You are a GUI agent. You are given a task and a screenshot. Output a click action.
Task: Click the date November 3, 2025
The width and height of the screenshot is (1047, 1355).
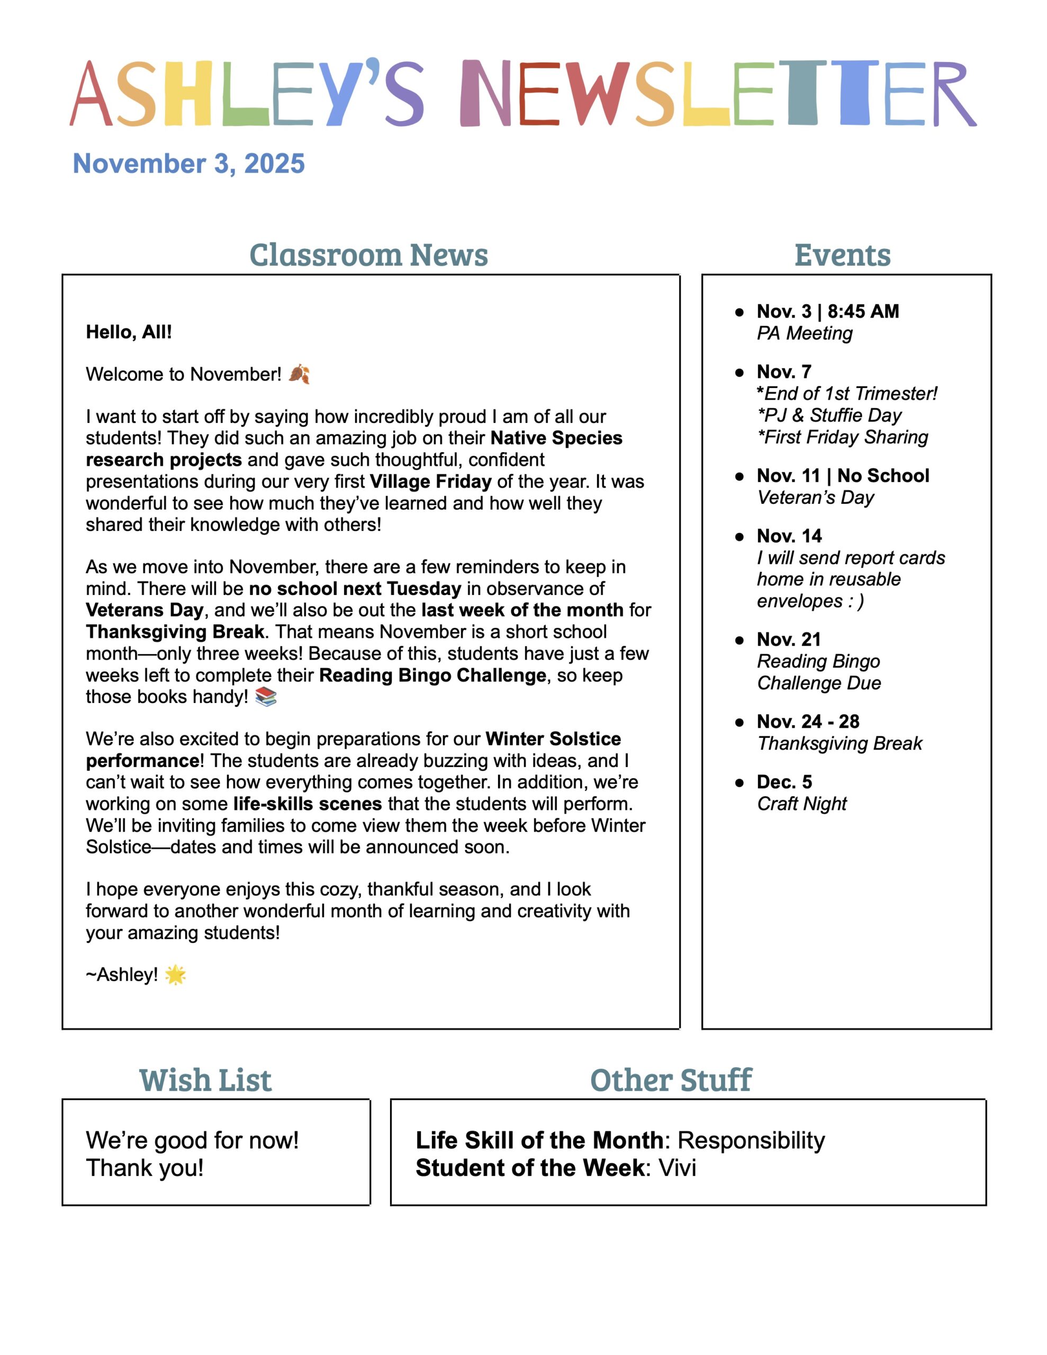click(x=188, y=164)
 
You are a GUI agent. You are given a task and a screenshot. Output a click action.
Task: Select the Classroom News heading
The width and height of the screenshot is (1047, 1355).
click(x=368, y=255)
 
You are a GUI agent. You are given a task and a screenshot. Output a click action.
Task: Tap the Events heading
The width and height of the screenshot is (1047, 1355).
click(x=842, y=255)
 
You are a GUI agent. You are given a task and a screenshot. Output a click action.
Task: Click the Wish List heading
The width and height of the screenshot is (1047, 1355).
click(x=205, y=1080)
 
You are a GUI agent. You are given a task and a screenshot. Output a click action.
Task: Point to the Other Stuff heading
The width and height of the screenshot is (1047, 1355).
click(x=671, y=1080)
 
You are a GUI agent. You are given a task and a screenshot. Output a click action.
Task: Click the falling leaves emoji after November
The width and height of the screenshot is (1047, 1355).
click(x=299, y=374)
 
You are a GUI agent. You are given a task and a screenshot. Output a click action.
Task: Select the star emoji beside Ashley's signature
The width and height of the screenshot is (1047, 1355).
click(x=176, y=974)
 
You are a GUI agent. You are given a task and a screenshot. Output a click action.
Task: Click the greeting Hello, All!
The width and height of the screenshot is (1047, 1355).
click(x=129, y=332)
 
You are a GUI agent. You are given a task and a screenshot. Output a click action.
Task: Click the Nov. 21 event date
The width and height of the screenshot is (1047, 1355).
click(x=788, y=639)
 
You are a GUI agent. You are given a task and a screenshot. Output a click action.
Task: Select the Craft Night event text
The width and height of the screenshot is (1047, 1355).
click(x=802, y=803)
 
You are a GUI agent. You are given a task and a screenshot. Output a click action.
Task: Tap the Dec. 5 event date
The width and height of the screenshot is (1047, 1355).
click(x=784, y=782)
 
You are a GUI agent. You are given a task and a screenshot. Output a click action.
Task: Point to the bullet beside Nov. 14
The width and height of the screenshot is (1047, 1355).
click(x=739, y=537)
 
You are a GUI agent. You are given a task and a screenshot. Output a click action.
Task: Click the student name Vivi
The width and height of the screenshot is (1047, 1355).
click(x=677, y=1168)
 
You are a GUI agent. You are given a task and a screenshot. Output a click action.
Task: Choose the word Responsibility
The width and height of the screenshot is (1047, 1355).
click(x=751, y=1140)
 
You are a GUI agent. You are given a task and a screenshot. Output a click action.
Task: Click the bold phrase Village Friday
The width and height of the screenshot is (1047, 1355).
click(x=431, y=482)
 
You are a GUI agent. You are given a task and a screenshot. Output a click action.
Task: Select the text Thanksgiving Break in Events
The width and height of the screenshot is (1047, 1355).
click(x=840, y=743)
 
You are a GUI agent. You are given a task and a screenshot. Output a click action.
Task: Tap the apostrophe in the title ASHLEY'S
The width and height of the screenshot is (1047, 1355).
click(x=371, y=68)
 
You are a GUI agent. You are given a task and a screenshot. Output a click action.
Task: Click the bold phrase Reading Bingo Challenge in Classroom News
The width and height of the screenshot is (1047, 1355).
click(x=432, y=675)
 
